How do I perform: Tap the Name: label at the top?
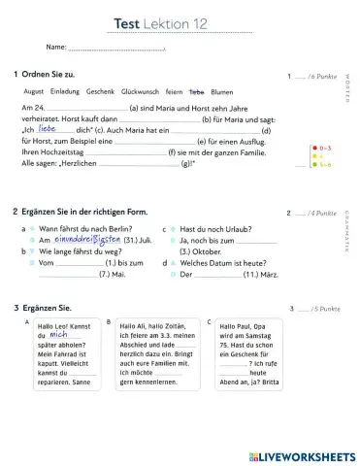click(56, 47)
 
